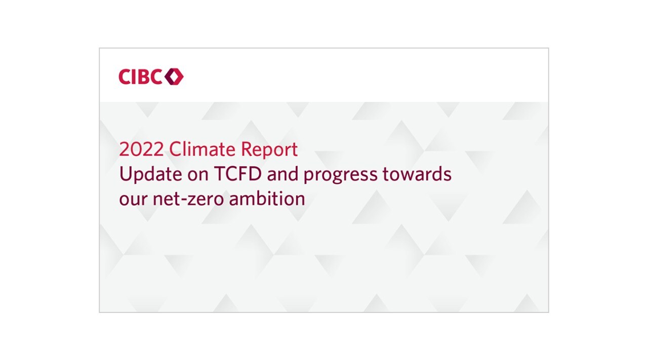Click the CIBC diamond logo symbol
[174, 76]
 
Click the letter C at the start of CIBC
[125, 76]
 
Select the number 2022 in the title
[141, 149]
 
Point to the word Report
[269, 150]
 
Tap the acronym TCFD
[238, 174]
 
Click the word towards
[417, 174]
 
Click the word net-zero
[188, 199]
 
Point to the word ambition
[267, 198]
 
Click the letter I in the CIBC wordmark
[135, 76]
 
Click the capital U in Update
[125, 174]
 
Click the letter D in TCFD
[256, 174]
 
